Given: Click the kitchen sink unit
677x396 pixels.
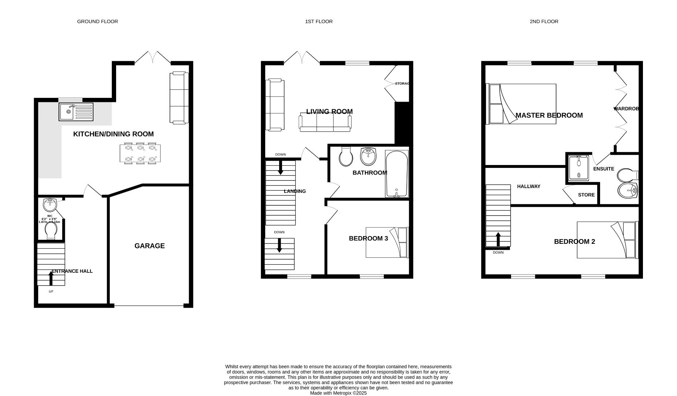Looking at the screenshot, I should point(76,112).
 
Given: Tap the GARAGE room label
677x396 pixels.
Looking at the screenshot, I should point(149,246).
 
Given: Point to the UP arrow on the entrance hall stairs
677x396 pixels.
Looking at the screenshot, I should point(51,278).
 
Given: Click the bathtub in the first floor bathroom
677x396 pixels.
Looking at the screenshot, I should point(396,174).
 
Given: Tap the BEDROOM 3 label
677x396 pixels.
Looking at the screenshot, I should point(368,239).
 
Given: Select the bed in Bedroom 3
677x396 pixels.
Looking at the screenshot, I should point(386,242).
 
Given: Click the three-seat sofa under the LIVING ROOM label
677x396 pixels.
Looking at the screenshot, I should point(325,124).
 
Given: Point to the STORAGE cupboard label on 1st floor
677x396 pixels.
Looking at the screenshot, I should point(402,84).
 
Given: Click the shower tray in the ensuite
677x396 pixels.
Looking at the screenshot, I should point(579,168).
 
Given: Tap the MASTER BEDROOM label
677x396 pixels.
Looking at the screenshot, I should point(549,115).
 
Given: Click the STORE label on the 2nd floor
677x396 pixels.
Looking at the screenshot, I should point(586,195).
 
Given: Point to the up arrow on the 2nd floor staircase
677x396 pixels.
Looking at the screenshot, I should point(498,239).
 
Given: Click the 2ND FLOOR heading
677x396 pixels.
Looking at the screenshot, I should point(544,22).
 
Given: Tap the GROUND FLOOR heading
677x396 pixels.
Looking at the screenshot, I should point(97,22).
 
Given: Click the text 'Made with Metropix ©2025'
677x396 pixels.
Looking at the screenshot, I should point(338,393).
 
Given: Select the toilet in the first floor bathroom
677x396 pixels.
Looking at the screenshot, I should point(346,157).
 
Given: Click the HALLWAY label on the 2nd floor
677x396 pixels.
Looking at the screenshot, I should point(529,187).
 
